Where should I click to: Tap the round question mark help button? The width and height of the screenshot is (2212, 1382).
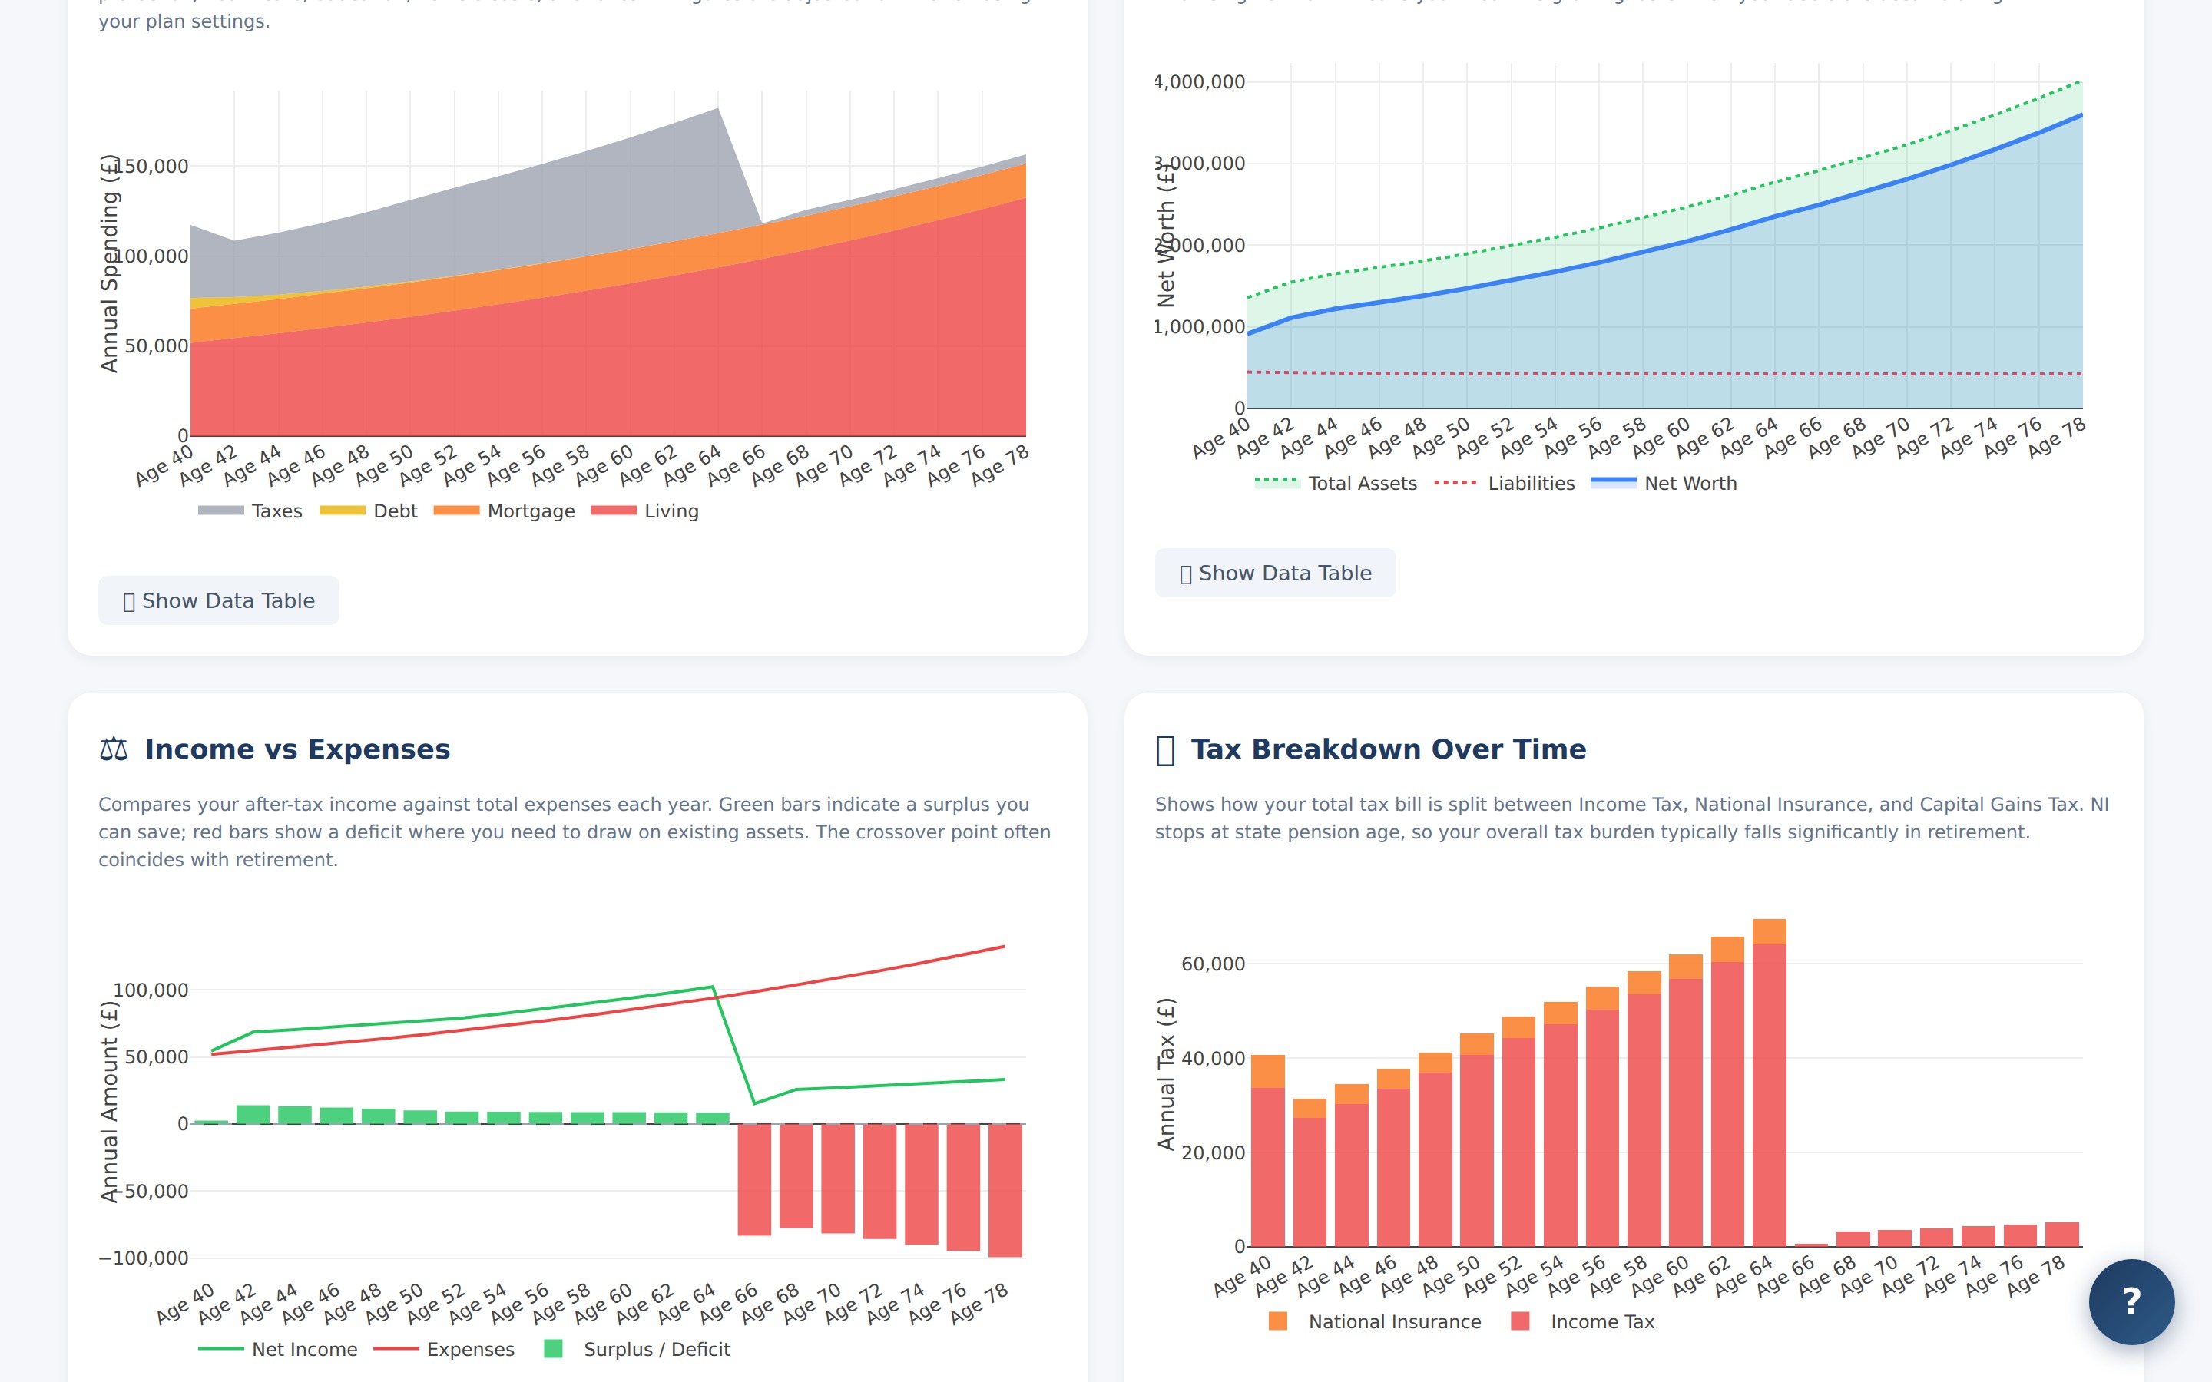(x=2131, y=1301)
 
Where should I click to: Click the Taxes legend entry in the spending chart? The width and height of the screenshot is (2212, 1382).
(x=250, y=511)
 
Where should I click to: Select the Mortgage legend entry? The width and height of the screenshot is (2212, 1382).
(x=505, y=511)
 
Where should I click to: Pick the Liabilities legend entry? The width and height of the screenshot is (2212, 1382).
(x=1505, y=484)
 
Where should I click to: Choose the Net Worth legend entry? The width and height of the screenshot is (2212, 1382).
(x=1664, y=484)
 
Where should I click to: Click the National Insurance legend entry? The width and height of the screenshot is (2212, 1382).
(x=1375, y=1321)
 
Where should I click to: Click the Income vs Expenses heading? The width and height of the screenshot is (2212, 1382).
(x=296, y=749)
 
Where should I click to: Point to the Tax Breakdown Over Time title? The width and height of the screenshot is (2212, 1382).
(x=1388, y=749)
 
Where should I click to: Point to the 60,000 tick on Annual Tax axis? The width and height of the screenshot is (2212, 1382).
(x=1212, y=964)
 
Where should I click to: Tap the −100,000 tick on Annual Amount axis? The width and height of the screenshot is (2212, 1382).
(x=144, y=1258)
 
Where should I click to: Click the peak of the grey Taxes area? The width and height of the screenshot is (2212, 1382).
(x=717, y=111)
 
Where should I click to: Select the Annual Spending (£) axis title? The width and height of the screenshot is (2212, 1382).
(x=109, y=263)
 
